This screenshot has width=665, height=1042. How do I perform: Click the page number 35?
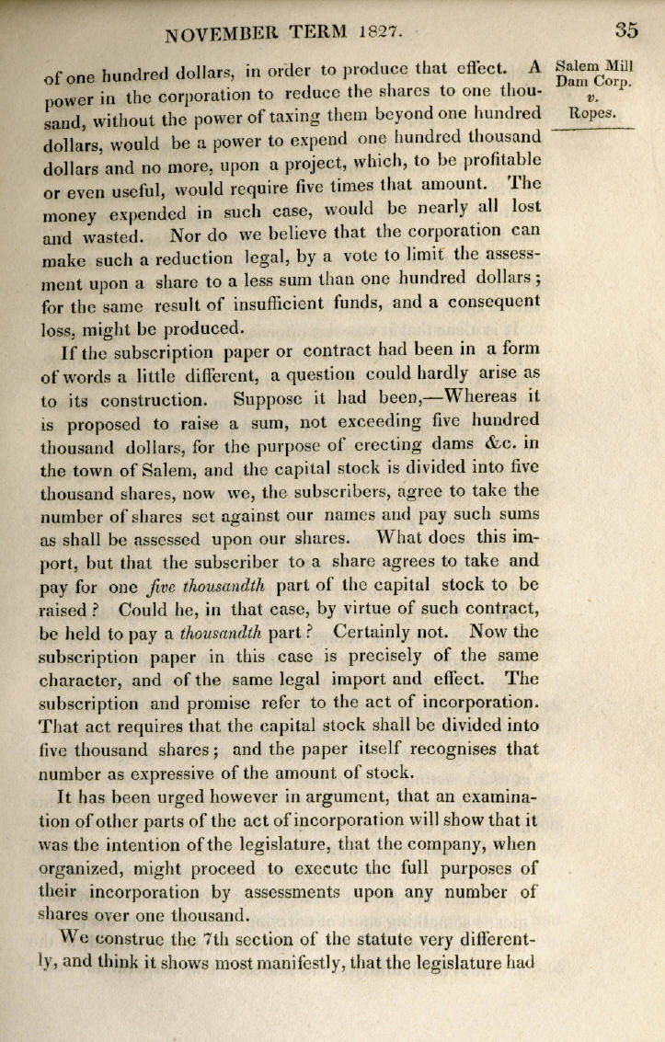tap(626, 29)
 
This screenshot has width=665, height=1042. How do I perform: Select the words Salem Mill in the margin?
tap(596, 66)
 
